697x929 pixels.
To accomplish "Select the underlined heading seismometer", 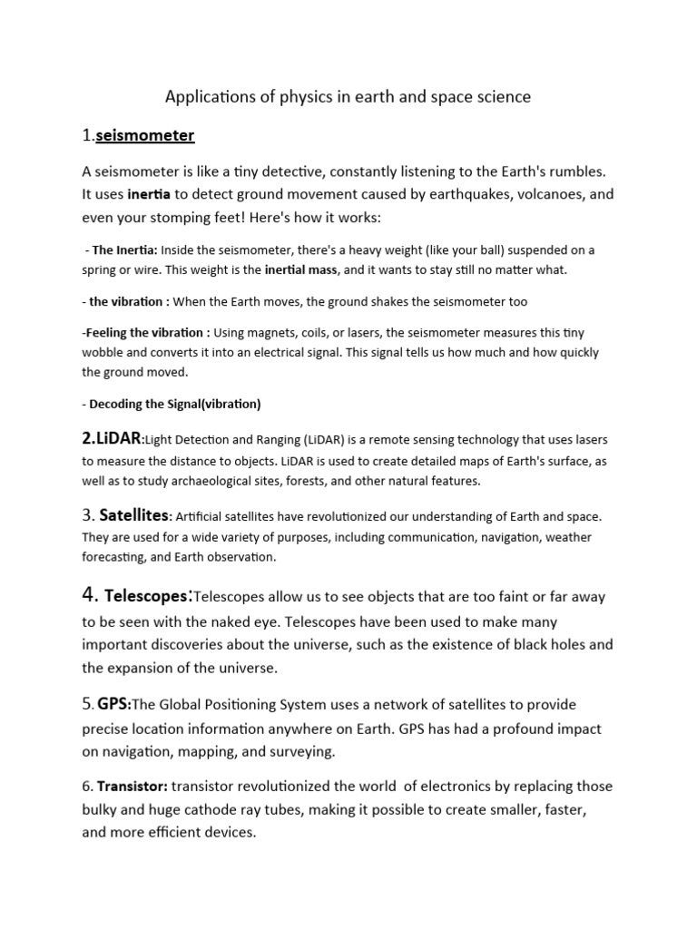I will pyautogui.click(x=145, y=136).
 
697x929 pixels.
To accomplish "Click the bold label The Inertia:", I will pyautogui.click(x=124, y=249).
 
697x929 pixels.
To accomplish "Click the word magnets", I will pyautogui.click(x=273, y=333).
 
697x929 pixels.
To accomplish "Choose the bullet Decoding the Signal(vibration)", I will pyautogui.click(x=174, y=404).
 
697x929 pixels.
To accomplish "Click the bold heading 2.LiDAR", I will pyautogui.click(x=112, y=438).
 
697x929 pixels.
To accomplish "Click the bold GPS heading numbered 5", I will pyautogui.click(x=114, y=704).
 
